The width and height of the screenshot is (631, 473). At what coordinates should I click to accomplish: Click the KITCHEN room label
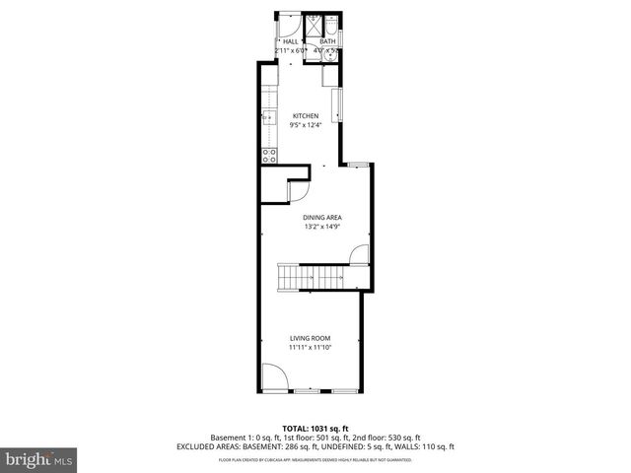tap(305, 115)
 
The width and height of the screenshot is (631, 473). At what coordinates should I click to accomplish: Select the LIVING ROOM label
tap(311, 338)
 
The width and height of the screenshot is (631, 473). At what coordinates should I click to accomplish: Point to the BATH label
tap(327, 41)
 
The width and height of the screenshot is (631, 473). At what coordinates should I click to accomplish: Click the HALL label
tap(291, 41)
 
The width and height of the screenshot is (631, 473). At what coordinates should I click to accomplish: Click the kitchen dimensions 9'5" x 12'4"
tap(305, 125)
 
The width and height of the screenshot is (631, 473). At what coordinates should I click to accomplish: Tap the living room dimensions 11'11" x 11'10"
tap(311, 348)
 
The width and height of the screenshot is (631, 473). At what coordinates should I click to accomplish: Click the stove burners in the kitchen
tap(267, 155)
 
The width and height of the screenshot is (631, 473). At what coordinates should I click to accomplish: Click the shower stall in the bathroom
tap(314, 26)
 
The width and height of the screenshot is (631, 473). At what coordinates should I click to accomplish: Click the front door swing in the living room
tap(273, 377)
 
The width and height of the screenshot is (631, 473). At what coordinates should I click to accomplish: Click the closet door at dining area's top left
tap(297, 189)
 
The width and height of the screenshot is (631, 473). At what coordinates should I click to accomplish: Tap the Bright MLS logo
tap(39, 459)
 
